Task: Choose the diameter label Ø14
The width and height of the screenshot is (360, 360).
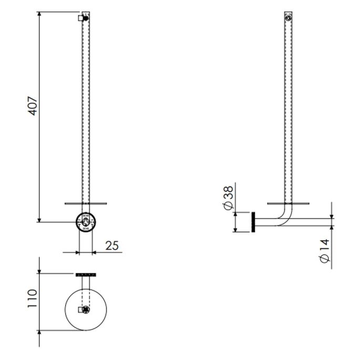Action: coord(324,251)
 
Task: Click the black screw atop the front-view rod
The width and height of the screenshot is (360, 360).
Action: coord(87,18)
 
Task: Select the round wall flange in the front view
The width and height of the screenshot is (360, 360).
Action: coord(86,221)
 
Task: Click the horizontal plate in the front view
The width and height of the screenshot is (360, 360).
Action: coord(86,202)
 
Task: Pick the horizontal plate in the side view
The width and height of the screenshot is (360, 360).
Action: coord(287,202)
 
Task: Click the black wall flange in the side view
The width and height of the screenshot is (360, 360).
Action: coord(253,222)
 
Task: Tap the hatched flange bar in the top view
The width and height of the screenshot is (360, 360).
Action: coord(86,274)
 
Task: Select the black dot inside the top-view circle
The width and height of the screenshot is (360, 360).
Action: coord(86,310)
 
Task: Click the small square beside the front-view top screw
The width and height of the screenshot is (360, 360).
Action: coord(81,18)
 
